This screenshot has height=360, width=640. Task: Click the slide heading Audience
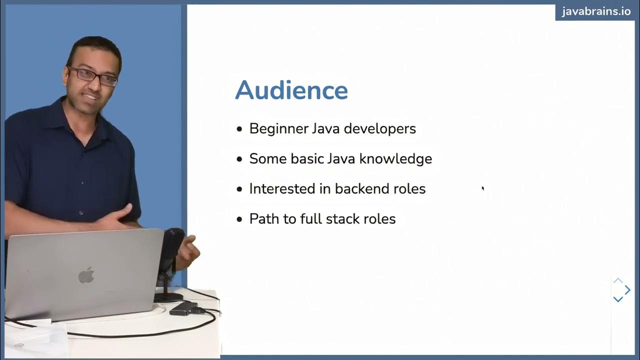[x=291, y=90]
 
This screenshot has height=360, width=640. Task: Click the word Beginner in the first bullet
[x=278, y=129]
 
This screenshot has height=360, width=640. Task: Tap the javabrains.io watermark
[x=596, y=11]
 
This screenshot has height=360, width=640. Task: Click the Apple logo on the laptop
[x=86, y=275]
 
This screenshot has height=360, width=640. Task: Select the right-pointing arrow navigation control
[x=628, y=290]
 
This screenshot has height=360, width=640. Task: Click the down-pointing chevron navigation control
[x=618, y=299]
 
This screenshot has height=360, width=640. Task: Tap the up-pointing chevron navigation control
[x=618, y=281]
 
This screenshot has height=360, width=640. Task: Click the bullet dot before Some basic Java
[x=239, y=159]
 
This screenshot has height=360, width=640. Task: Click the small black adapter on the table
[x=183, y=308]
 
